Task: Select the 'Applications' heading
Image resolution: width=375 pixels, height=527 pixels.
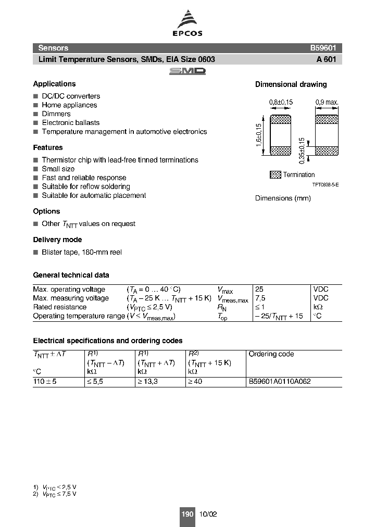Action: [x=54, y=84]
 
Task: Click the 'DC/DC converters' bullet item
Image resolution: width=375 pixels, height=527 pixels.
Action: [x=71, y=96]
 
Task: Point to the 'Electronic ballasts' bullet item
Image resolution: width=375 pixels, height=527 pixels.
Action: [x=70, y=123]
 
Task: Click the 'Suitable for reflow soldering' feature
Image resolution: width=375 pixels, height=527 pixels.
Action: [x=86, y=186]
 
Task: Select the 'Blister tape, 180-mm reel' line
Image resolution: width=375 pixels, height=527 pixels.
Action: [x=82, y=252]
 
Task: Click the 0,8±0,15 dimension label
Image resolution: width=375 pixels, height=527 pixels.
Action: [x=281, y=103]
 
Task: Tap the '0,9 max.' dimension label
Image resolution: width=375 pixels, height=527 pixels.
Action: [x=327, y=103]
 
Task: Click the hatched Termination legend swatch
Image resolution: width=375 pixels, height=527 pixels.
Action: [x=276, y=175]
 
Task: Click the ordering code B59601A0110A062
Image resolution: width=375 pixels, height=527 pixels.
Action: [x=280, y=382]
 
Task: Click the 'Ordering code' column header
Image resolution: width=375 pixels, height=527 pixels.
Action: [x=271, y=354]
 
